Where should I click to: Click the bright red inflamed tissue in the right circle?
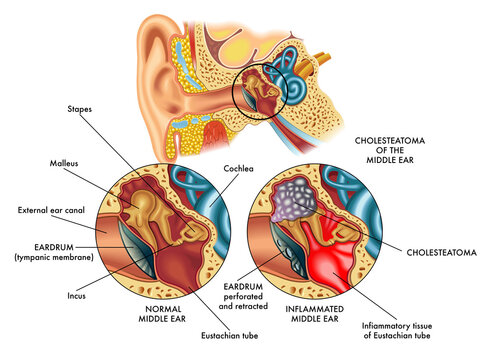point(340,255)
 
